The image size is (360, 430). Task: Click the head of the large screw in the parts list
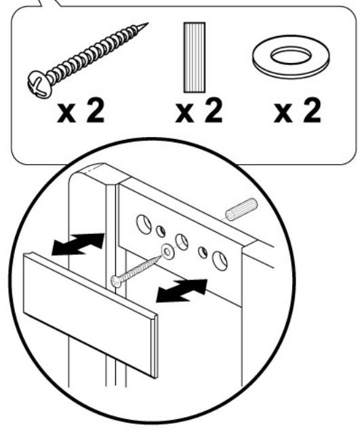click(x=40, y=84)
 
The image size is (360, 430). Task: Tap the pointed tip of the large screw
click(x=148, y=24)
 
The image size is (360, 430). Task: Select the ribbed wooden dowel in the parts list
click(x=195, y=58)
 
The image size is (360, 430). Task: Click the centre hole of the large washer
click(x=291, y=56)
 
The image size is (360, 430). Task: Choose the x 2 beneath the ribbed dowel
click(x=199, y=111)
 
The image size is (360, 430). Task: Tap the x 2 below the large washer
click(x=297, y=111)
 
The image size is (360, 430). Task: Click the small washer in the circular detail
click(x=167, y=252)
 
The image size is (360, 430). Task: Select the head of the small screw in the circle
click(x=116, y=281)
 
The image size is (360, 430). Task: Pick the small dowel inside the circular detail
click(x=241, y=210)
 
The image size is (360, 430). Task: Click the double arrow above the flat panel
click(x=79, y=243)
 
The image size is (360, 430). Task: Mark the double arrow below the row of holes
click(x=182, y=290)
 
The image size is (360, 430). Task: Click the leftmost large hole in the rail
click(x=144, y=224)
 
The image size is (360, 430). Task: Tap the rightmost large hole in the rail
click(x=220, y=260)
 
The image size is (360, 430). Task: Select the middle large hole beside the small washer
click(x=182, y=242)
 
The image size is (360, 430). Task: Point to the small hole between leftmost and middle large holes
click(x=161, y=231)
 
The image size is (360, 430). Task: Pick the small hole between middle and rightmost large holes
click(x=203, y=252)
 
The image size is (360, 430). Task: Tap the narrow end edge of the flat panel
click(x=155, y=347)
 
